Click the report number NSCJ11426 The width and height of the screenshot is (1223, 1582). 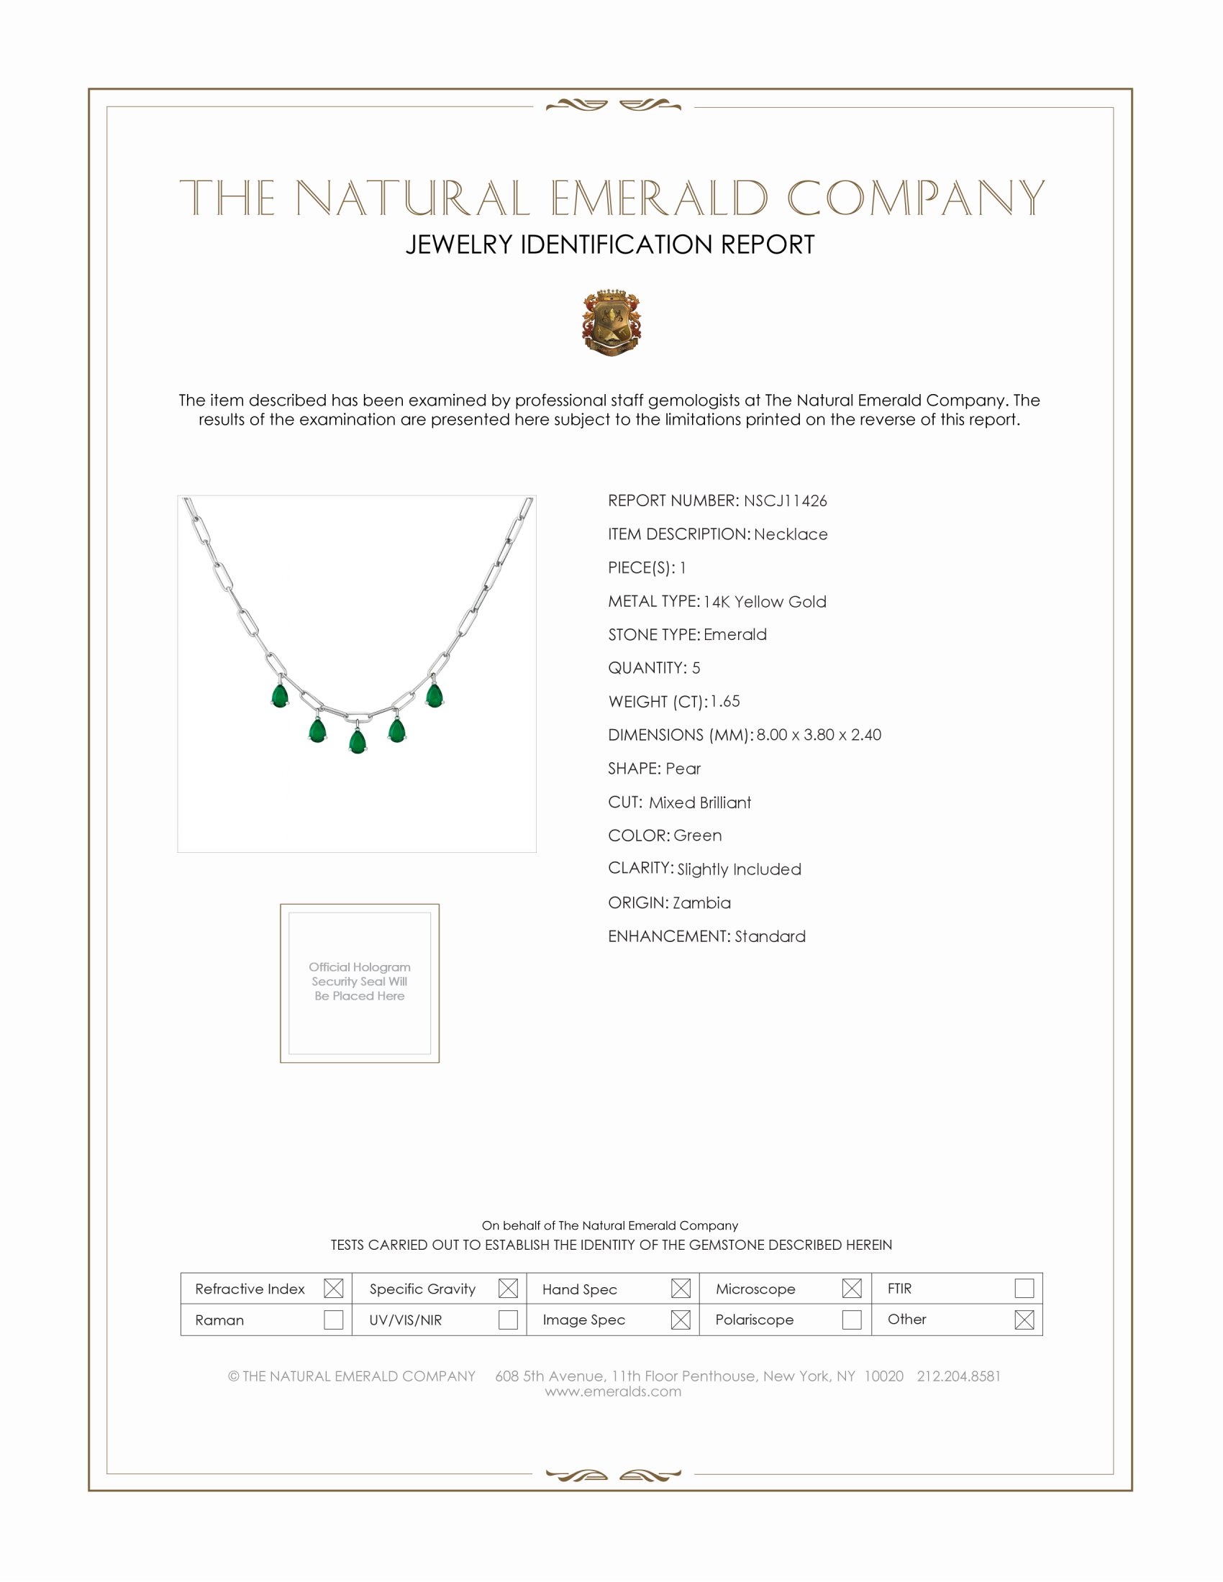click(785, 500)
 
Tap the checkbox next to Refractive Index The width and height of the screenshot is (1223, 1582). click(333, 1288)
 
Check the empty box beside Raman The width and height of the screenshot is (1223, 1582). click(333, 1319)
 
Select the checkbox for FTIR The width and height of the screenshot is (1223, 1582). click(1024, 1288)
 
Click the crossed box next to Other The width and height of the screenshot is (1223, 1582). click(1024, 1319)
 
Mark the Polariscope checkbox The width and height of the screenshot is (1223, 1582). click(851, 1319)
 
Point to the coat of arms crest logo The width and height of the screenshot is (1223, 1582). click(611, 322)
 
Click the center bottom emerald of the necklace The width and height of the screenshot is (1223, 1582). click(358, 742)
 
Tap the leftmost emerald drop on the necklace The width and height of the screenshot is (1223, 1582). click(280, 696)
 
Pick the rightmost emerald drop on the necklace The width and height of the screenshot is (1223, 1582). click(434, 695)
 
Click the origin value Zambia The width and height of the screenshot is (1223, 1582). click(701, 902)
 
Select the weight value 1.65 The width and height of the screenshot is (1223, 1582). click(724, 701)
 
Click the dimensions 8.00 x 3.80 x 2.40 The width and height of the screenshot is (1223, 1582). click(819, 734)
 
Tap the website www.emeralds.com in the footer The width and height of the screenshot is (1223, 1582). click(613, 1391)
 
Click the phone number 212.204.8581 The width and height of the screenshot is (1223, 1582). click(958, 1376)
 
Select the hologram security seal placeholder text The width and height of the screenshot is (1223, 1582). click(360, 981)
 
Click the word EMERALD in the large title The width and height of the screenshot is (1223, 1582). click(658, 198)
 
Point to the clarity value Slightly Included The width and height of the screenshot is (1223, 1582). click(739, 869)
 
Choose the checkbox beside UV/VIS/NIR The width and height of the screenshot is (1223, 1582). click(508, 1319)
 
